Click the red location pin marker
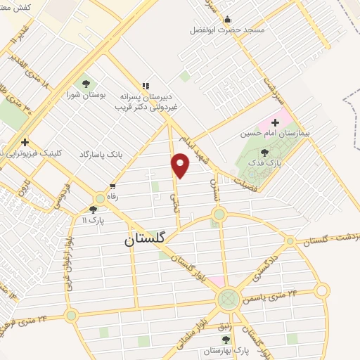[181, 165]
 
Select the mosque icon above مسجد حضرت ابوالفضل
[227, 20]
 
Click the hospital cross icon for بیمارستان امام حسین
[274, 122]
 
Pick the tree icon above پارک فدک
[264, 152]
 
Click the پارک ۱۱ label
[91, 220]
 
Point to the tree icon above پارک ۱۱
[93, 210]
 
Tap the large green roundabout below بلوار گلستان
[228, 300]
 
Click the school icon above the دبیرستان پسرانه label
[146, 86]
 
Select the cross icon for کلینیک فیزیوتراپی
[25, 142]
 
